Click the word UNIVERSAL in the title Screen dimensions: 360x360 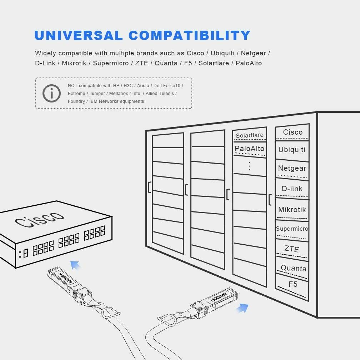tap(79, 35)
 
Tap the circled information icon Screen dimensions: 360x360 tap(52, 94)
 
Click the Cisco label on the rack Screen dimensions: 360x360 tap(293, 132)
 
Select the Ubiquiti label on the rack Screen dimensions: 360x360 tap(292, 150)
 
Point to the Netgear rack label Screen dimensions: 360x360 tap(292, 168)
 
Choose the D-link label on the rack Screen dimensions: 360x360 tap(292, 189)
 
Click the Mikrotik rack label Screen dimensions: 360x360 tap(292, 210)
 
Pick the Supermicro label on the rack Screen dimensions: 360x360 tap(292, 229)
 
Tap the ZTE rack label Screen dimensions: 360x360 tap(291, 249)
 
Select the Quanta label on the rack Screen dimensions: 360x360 tap(294, 268)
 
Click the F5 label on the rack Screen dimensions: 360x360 tap(293, 284)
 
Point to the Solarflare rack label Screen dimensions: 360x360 tap(250, 135)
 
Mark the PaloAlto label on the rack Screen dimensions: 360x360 tap(250, 149)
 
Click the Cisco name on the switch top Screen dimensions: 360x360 tap(39, 219)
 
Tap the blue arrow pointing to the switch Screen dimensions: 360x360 tap(76, 265)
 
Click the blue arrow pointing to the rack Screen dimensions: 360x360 tap(242, 308)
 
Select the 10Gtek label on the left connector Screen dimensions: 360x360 tap(66, 278)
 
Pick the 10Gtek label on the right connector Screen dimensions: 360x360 tap(220, 296)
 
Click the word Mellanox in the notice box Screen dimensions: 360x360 tap(119, 94)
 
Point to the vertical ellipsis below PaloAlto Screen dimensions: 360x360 tap(250, 166)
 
